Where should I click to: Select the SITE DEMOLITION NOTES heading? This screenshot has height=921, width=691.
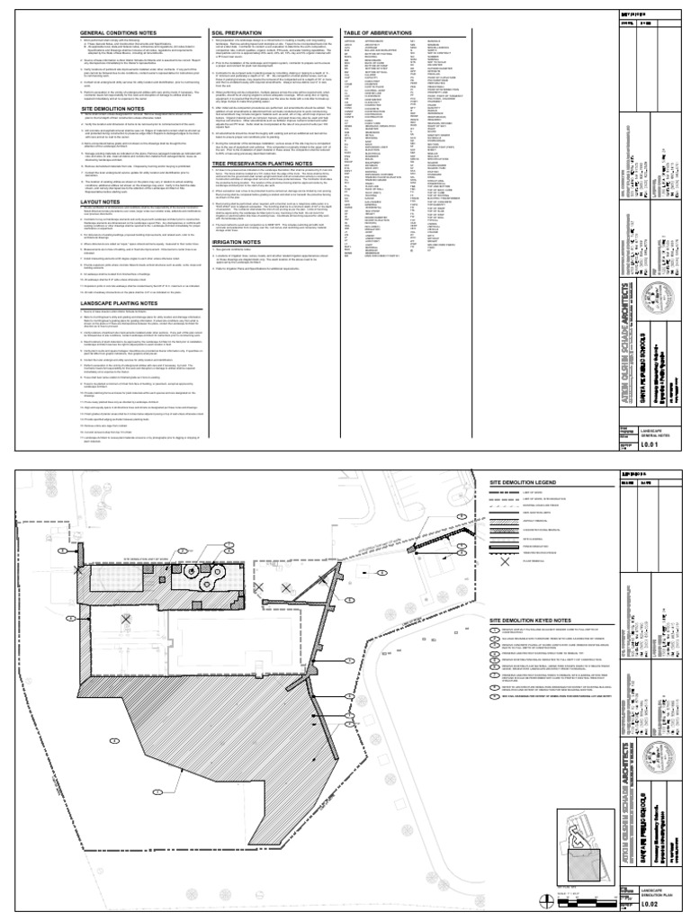(115, 106)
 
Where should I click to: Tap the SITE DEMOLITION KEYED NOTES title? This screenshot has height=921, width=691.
(532, 621)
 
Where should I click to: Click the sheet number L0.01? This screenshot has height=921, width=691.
(636, 443)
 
